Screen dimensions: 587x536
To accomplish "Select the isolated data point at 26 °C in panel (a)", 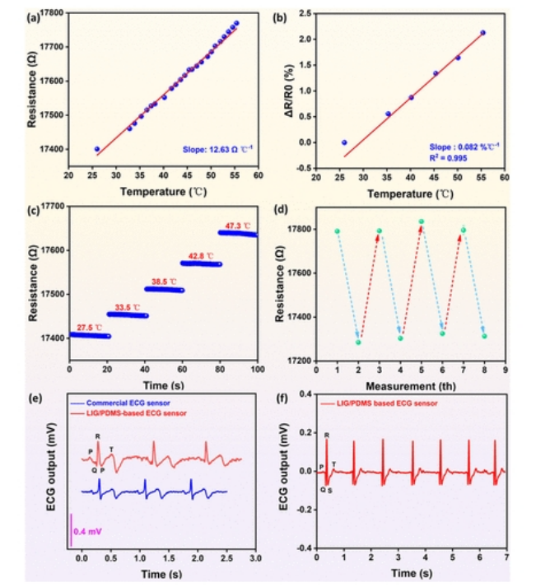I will (97, 149).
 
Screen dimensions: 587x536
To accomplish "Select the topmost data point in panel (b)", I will (482, 33).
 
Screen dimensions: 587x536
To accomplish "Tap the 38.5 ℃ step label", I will (164, 280).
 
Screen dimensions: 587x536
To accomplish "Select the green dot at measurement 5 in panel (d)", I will (422, 221).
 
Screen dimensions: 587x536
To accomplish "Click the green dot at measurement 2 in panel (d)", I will (358, 342).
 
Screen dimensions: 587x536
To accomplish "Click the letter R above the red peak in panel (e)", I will (98, 436).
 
